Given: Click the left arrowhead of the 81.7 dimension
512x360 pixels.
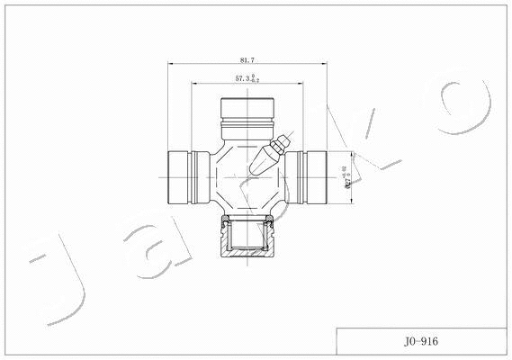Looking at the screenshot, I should click(171, 64).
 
